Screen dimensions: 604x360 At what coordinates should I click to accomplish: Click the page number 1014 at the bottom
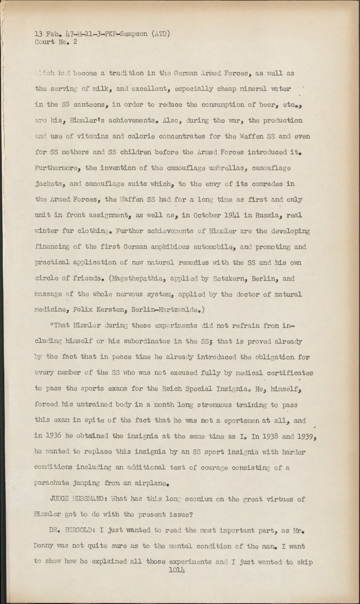pyautogui.click(x=177, y=570)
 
